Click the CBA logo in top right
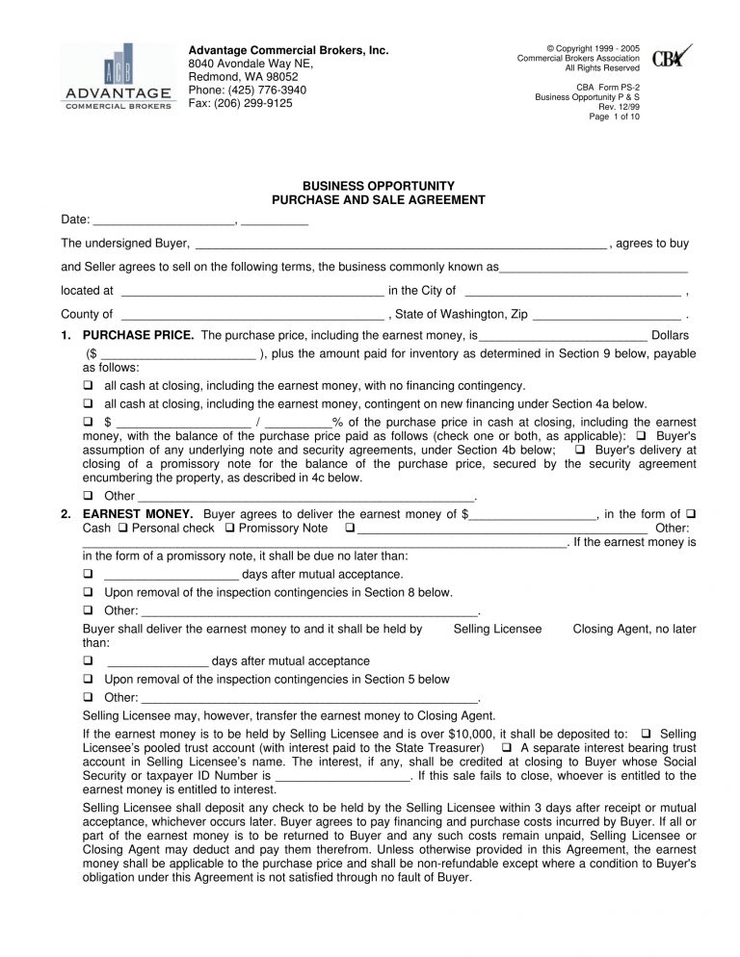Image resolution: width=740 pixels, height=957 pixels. coord(672,57)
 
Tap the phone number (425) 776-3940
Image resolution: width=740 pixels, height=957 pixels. coord(247,90)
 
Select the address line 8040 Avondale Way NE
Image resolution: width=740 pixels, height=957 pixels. coord(251,64)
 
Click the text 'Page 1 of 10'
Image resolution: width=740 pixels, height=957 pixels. coord(614,116)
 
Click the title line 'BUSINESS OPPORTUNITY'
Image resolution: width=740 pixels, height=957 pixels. coord(378,186)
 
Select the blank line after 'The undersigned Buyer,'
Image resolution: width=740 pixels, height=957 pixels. coord(400,244)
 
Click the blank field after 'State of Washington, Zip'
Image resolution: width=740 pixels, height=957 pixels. coord(606,314)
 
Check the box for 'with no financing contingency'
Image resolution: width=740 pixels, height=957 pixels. coord(88,385)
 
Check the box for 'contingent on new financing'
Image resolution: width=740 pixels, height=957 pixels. coord(88,404)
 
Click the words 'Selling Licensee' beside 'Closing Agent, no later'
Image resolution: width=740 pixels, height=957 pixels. coord(497,629)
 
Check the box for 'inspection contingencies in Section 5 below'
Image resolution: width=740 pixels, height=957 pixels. coord(88,679)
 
